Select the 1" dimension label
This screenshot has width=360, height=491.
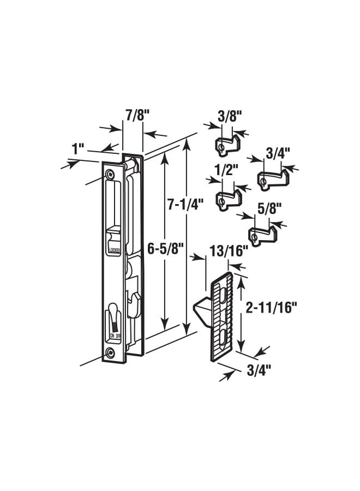77,149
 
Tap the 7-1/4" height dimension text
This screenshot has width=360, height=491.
185,204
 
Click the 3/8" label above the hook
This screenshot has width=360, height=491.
230,117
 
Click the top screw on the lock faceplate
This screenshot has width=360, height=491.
111,174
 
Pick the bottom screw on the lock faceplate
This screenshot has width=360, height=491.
111,352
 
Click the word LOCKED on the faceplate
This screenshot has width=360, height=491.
114,250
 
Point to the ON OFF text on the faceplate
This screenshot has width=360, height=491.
115,336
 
